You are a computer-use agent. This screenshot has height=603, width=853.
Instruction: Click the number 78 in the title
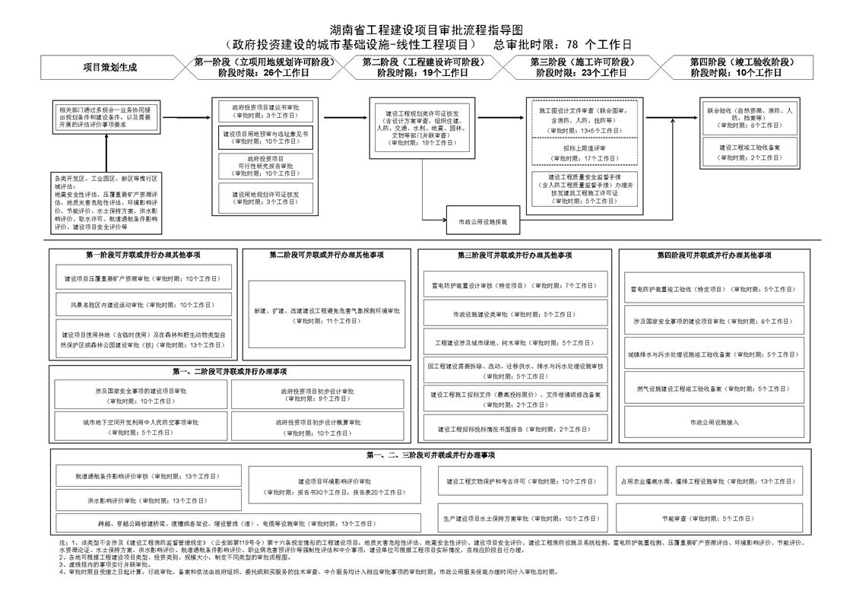pos(573,44)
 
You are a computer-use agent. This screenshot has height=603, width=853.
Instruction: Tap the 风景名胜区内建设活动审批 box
pos(143,305)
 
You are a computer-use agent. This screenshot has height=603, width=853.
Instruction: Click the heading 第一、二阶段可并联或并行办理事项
pos(229,373)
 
